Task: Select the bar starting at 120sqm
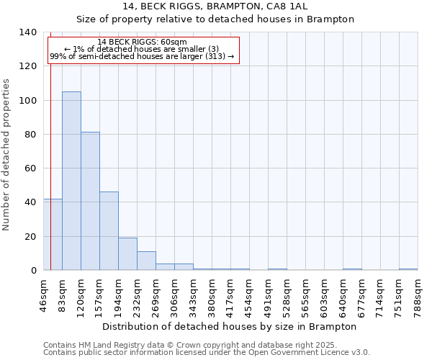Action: click(90, 201)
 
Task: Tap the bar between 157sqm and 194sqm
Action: click(109, 230)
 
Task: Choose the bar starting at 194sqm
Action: click(127, 253)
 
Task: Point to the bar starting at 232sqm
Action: click(146, 261)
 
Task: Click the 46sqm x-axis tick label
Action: click(44, 294)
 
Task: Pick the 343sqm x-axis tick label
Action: click(194, 294)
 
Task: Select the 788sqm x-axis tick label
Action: click(418, 294)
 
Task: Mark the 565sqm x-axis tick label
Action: click(306, 294)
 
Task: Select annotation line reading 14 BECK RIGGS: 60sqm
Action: click(142, 42)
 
